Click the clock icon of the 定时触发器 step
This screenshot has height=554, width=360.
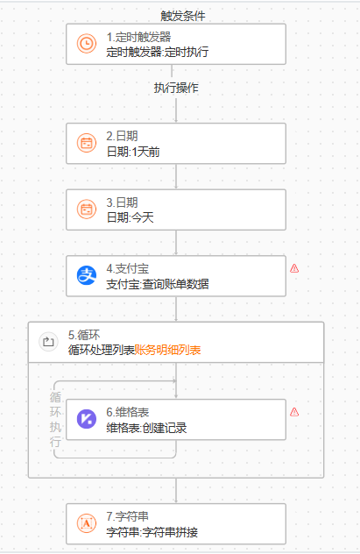coord(87,44)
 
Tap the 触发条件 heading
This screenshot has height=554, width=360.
coord(183,16)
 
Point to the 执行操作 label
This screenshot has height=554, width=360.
coord(176,88)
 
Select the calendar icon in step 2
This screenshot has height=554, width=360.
coord(87,143)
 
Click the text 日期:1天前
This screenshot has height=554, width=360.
coord(133,152)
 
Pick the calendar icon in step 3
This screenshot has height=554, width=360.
coord(87,209)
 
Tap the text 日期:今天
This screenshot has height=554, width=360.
coord(131,217)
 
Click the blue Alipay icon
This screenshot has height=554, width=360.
coord(87,275)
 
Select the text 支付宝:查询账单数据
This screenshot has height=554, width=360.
coord(158,284)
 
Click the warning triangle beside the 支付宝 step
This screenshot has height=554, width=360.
coord(294,268)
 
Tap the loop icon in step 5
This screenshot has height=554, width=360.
coord(48,342)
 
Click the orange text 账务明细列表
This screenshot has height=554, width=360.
coord(167,350)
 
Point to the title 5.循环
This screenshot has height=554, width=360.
coord(84,335)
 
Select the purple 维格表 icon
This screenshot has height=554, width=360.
coord(87,419)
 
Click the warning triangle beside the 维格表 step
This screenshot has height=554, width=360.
coord(294,412)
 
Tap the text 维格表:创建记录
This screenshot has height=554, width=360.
coord(146,428)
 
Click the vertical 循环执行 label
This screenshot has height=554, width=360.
coord(55,419)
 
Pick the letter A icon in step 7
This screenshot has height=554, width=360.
coord(87,523)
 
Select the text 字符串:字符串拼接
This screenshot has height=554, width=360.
coord(152,532)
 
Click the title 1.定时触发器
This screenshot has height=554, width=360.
coord(138,37)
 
